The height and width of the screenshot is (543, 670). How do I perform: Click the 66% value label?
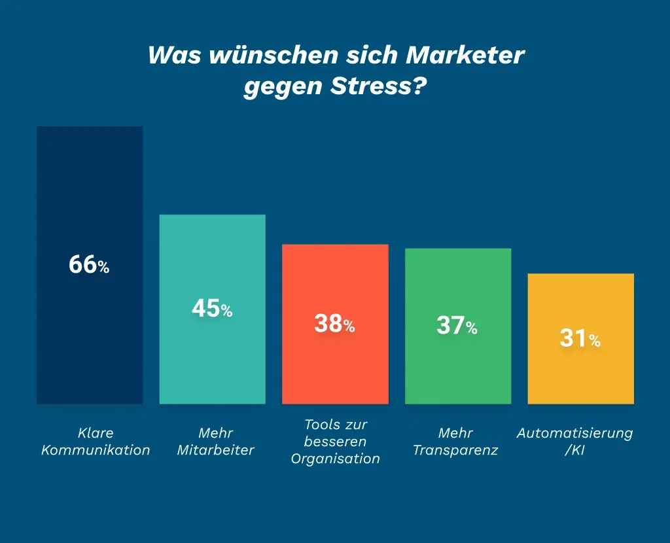point(89,266)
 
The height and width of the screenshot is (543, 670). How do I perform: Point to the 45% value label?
point(212,309)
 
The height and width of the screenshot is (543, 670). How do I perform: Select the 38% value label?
point(334,324)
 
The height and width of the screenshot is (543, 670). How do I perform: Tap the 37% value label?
point(457,326)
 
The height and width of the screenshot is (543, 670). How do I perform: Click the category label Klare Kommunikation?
point(96,442)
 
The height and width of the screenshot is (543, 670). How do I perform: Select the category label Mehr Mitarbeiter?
point(215,442)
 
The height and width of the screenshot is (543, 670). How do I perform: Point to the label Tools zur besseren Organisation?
point(336,442)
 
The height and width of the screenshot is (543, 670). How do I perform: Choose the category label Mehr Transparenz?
point(455,442)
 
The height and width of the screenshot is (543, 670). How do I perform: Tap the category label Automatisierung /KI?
point(575,442)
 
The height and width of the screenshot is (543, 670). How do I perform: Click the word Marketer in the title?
point(465,56)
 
